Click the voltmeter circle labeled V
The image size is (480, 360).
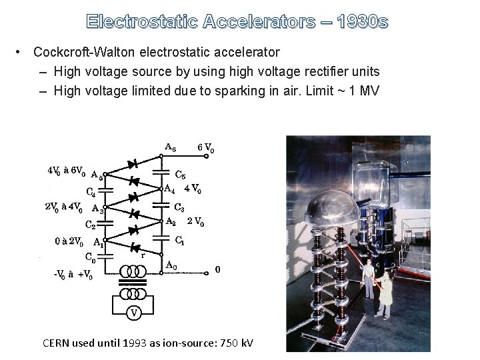(134, 311)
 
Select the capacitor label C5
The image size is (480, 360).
(180, 176)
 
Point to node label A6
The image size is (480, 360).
(170, 147)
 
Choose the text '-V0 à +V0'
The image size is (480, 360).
(73, 273)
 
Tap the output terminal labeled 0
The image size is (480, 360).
(217, 270)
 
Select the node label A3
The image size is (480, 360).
(97, 208)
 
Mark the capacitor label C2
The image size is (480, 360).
(91, 224)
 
